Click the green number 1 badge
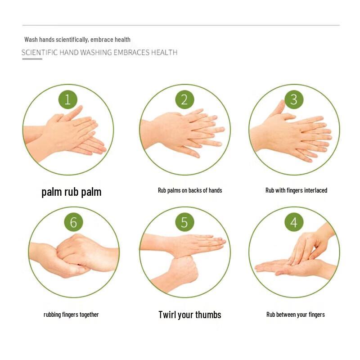click(x=68, y=99)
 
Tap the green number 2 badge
click(x=184, y=99)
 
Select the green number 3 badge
click(x=294, y=99)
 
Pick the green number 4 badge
click(x=294, y=222)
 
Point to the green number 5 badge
click(x=184, y=222)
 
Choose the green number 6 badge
click(x=73, y=222)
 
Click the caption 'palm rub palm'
click(x=72, y=192)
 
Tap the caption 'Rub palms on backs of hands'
click(x=190, y=190)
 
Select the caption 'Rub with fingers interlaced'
click(x=296, y=190)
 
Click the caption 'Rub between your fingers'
click(x=296, y=315)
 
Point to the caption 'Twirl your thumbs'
click(x=190, y=315)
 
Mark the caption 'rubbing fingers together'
click(x=71, y=315)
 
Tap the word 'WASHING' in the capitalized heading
click(x=96, y=53)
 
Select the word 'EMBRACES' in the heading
click(x=131, y=53)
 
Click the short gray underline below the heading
click(x=32, y=59)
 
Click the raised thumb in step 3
click(x=279, y=108)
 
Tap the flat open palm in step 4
click(x=289, y=267)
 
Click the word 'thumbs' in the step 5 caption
click(x=208, y=315)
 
